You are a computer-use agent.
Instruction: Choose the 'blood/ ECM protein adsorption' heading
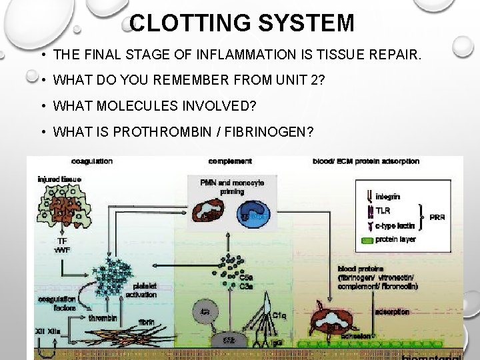click(x=366, y=161)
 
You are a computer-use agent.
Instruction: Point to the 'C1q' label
click(x=279, y=315)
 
